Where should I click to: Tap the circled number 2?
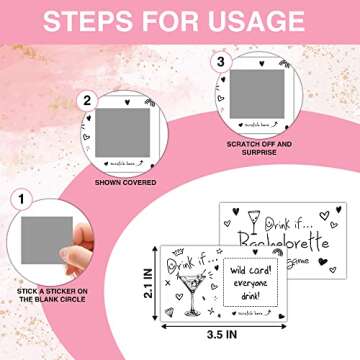[87, 100]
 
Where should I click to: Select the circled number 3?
[222, 63]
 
